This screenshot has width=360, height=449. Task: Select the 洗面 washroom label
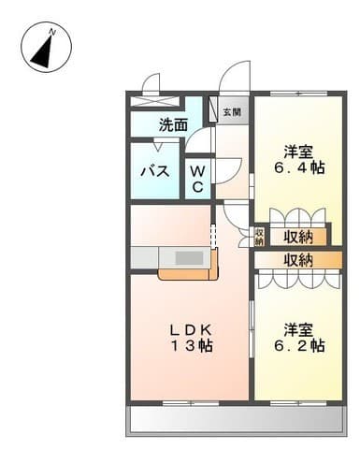pyautogui.click(x=173, y=123)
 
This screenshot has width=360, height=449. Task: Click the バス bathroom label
pyautogui.click(x=153, y=171)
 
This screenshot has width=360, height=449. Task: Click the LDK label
pyautogui.click(x=192, y=329)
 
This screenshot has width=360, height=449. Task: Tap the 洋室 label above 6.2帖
pyautogui.click(x=298, y=329)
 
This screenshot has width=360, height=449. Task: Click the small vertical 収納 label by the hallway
pyautogui.click(x=260, y=237)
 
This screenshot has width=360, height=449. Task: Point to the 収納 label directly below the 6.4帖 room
pyautogui.click(x=298, y=237)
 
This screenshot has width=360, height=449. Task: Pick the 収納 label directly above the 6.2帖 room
pyautogui.click(x=298, y=260)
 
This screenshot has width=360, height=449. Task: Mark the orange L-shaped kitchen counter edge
pyautogui.click(x=188, y=275)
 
